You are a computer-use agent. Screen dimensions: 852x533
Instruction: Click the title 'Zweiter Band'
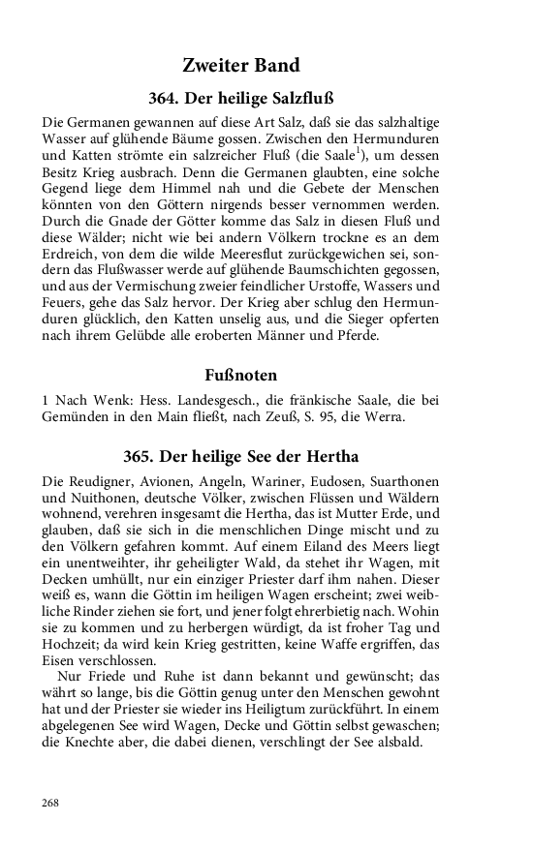pyautogui.click(x=240, y=66)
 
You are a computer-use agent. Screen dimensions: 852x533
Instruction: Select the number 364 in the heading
pyautogui.click(x=165, y=99)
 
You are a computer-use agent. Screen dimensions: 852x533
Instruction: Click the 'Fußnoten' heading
pyautogui.click(x=240, y=374)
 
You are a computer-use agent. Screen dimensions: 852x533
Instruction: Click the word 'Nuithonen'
pyautogui.click(x=97, y=498)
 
